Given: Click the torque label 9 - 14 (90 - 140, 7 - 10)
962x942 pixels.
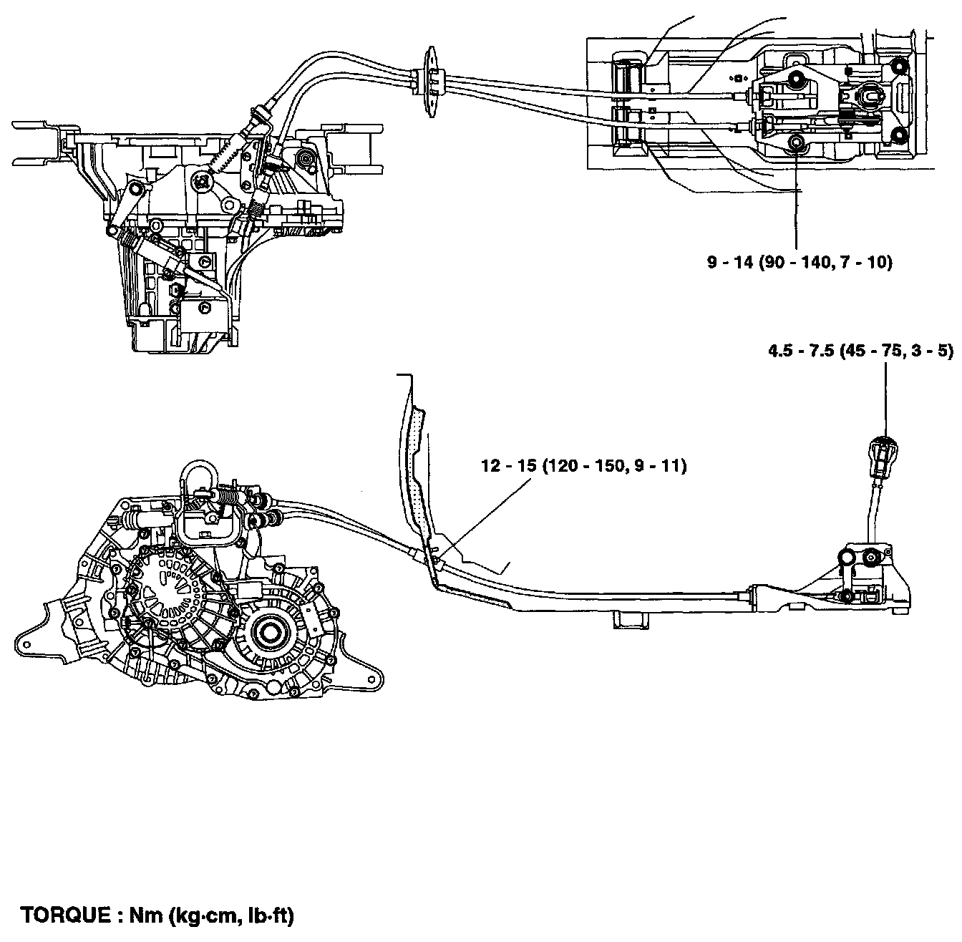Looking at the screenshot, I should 800,263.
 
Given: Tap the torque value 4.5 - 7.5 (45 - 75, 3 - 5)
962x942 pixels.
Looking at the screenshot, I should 860,351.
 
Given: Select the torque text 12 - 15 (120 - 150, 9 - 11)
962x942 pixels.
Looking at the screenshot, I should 583,467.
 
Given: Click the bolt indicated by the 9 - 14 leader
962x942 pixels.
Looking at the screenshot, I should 795,144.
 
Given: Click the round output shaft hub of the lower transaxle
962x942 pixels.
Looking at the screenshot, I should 269,633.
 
